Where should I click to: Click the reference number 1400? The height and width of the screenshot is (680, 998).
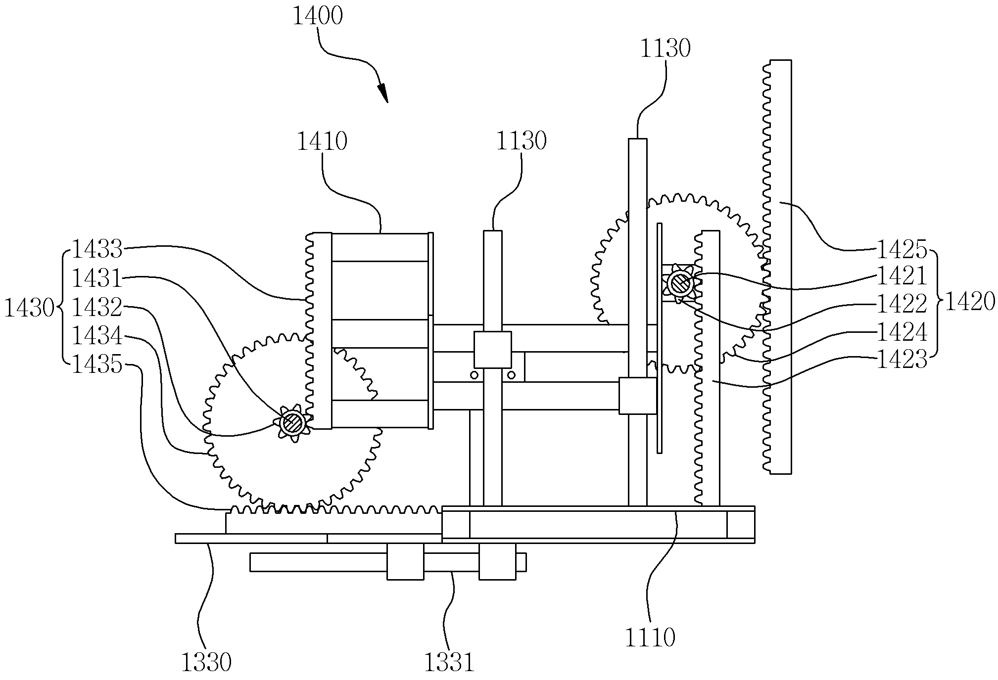coord(318,16)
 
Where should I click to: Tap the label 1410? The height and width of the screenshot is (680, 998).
coord(322,141)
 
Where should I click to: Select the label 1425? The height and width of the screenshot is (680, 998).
coord(902,250)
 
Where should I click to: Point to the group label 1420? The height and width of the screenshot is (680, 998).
coord(970,301)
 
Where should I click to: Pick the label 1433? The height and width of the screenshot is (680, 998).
coord(97,249)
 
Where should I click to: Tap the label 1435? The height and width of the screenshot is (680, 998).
coord(97,366)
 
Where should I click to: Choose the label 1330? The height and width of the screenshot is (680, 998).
coord(206,662)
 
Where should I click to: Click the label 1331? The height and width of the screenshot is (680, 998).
coord(449,662)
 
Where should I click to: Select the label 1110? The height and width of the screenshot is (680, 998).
coord(650,637)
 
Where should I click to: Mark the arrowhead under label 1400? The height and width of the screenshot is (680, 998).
coord(382,93)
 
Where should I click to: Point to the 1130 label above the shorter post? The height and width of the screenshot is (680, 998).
coord(521,141)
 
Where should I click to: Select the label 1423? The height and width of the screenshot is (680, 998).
coord(902,360)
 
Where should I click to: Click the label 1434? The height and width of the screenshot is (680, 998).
coord(97,337)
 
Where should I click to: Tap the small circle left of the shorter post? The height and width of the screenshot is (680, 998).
coord(474,375)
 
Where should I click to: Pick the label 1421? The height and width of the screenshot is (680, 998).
coord(902,276)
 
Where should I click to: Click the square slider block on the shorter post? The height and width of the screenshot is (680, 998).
coord(493,350)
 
